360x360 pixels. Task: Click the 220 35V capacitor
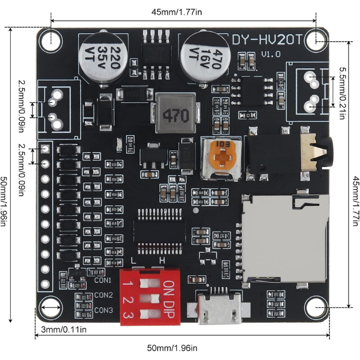point(105,55)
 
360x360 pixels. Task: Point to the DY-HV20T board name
point(267,40)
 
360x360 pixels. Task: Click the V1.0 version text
point(272,54)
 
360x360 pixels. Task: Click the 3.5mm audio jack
point(288,152)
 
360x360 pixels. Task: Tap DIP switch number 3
point(148,315)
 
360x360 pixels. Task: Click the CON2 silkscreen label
point(103,295)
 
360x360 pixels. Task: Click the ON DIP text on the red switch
point(169,299)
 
